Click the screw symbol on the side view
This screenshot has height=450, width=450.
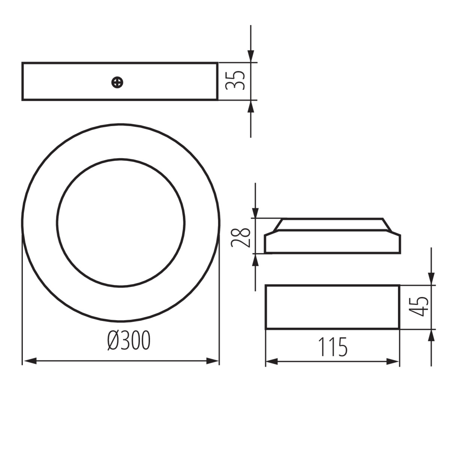point(118,82)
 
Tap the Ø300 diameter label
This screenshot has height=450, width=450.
point(129,340)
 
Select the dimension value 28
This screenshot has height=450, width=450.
point(240,237)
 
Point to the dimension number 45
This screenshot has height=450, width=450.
point(418,306)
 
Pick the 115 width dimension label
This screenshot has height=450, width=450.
point(333,347)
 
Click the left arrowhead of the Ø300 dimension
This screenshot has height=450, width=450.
point(29,361)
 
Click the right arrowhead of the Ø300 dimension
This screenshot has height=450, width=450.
point(213,361)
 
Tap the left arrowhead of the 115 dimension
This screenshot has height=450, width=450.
point(272,361)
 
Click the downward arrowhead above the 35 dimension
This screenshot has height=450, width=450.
point(250,56)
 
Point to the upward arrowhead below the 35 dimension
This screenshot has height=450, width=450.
point(250,106)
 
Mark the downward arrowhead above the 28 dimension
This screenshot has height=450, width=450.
point(255,212)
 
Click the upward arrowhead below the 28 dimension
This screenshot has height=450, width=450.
point(255,259)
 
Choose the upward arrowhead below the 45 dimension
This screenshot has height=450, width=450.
point(432,336)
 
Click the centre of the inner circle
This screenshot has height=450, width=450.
point(121,223)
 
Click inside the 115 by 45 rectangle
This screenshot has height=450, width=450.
point(332,307)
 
